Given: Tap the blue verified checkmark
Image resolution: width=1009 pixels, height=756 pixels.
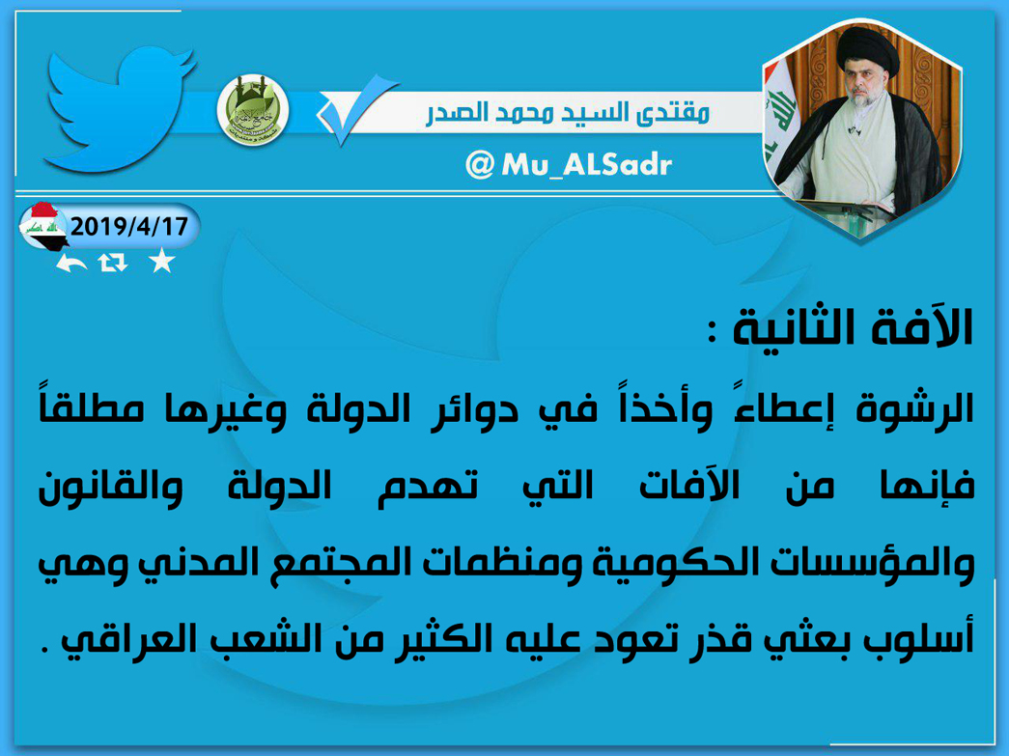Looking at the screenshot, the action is click(355, 109).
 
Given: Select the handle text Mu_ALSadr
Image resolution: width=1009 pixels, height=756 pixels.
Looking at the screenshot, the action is click(586, 165).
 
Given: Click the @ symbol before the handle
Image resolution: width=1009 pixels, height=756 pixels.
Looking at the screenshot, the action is click(480, 165).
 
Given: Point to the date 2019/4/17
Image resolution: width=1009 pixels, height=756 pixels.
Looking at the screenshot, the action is click(128, 227).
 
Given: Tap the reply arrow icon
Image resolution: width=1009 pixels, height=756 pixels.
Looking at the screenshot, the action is click(70, 263).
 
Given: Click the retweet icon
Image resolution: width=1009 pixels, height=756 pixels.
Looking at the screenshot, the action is click(113, 263).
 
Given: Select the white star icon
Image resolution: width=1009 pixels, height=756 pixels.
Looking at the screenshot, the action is click(161, 262).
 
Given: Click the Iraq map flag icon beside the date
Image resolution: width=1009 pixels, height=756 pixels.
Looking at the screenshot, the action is click(43, 226).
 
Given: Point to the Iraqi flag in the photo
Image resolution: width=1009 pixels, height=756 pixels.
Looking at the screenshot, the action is click(780, 123).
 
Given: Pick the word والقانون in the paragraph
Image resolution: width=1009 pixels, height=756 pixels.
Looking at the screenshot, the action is click(110, 487).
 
